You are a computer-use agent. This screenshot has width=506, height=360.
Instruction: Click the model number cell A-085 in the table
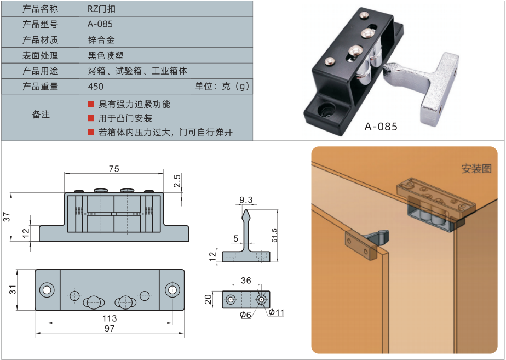pyautogui.click(x=100, y=24)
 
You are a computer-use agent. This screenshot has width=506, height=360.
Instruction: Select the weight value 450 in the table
pyautogui.click(x=95, y=87)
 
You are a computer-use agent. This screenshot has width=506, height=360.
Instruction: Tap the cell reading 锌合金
pyautogui.click(x=101, y=39)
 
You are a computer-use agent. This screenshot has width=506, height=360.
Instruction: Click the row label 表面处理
pyautogui.click(x=40, y=55)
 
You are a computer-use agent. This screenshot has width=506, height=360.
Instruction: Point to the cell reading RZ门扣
pyautogui.click(x=101, y=9)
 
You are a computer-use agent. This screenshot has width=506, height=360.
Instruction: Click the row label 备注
pyautogui.click(x=41, y=115)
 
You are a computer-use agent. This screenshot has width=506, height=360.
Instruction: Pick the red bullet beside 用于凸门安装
pyautogui.click(x=91, y=118)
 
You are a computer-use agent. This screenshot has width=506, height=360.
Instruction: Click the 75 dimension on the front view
pyautogui.click(x=114, y=169)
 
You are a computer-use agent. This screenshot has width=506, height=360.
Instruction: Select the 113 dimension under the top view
pyautogui.click(x=110, y=318)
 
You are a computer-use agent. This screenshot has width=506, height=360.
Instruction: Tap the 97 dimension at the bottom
pyautogui.click(x=110, y=328)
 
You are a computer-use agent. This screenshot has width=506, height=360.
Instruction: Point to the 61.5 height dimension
pyautogui.click(x=274, y=236)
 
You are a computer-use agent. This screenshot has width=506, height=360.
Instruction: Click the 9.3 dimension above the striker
pyautogui.click(x=246, y=200)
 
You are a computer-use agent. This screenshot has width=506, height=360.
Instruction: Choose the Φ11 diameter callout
pyautogui.click(x=276, y=312)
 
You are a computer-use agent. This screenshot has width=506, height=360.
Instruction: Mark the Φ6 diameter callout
pyautogui.click(x=245, y=315)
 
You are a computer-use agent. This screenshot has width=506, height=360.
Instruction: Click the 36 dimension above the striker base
pyautogui.click(x=246, y=280)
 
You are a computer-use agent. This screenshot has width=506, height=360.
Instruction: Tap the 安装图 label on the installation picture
pyautogui.click(x=476, y=169)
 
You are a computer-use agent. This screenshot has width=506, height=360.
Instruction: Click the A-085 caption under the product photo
pyautogui.click(x=381, y=126)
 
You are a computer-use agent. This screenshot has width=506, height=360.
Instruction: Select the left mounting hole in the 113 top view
pyautogui.click(x=47, y=290)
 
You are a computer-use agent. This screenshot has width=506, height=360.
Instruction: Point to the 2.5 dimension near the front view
pyautogui.click(x=177, y=181)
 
